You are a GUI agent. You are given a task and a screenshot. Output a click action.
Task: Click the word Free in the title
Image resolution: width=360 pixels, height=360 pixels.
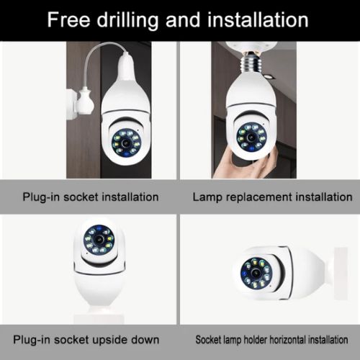pos(70,19)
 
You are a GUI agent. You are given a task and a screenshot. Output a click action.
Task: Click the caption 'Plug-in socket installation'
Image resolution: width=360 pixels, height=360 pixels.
pos(91,197)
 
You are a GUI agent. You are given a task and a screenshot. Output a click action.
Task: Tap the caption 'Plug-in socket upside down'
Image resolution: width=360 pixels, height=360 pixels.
pos(91,338)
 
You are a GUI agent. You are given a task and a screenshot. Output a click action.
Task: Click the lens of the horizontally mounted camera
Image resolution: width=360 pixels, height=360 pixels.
pos(255,272)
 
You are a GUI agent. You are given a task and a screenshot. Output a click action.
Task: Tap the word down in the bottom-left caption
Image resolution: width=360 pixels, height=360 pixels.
pos(156,338)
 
